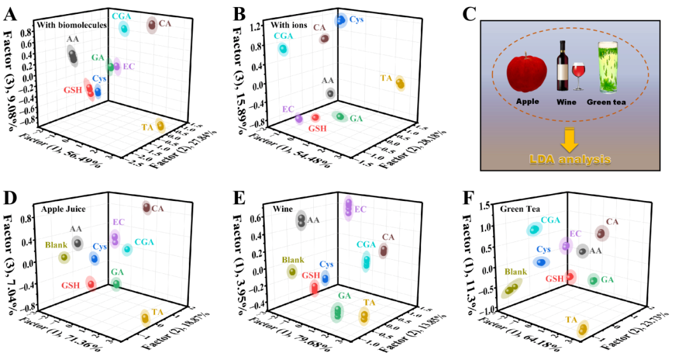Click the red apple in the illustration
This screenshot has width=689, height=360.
(x=527, y=74)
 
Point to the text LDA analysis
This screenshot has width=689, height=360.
(x=570, y=158)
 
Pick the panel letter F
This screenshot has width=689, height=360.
(x=468, y=198)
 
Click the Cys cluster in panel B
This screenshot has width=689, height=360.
(x=341, y=20)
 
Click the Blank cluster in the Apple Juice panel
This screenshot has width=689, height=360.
(x=64, y=257)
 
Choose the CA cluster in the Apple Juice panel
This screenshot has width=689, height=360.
(x=147, y=207)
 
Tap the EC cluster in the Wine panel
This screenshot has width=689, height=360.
(x=348, y=206)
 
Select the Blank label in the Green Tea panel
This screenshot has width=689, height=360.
(x=515, y=271)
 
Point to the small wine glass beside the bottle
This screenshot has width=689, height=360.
(x=579, y=74)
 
